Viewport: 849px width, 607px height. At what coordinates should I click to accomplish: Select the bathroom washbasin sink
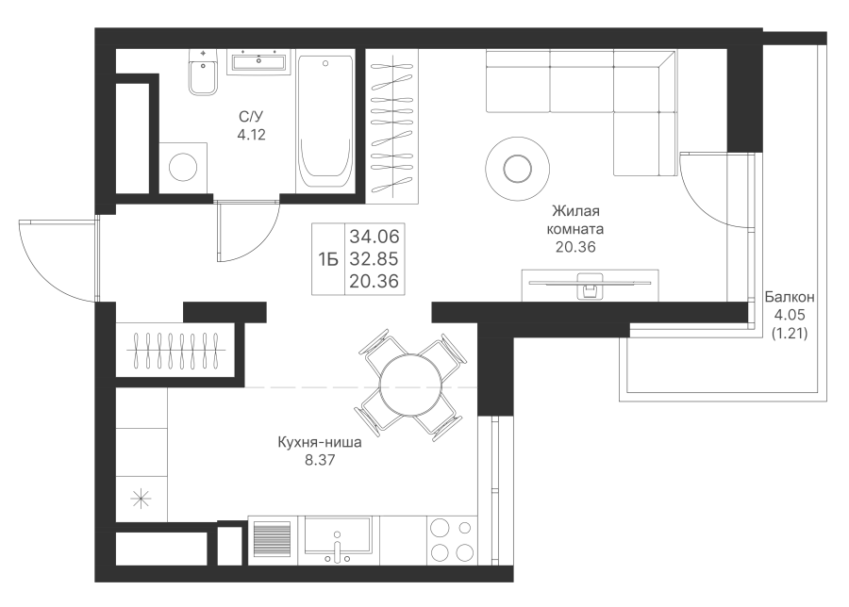[x=258, y=60]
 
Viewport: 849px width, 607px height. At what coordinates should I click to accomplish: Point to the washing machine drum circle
[x=182, y=167]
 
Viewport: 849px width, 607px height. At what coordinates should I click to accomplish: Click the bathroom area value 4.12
[x=251, y=135]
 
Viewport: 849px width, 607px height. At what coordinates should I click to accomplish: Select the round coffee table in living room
[x=518, y=169]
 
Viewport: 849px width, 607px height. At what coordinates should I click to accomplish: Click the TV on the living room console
[x=590, y=284]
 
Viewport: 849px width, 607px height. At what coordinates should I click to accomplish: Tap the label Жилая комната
[x=575, y=220]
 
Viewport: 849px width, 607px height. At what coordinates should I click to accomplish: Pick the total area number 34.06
[x=375, y=237]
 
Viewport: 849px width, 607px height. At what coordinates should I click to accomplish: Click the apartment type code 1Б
[x=328, y=260]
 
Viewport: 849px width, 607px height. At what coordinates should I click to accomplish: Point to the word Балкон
[x=790, y=297]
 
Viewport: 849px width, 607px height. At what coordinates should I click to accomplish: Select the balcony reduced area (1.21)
[x=790, y=334]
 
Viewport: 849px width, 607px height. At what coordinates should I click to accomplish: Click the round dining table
[x=410, y=386]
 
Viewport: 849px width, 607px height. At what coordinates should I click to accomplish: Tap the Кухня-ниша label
[x=320, y=443]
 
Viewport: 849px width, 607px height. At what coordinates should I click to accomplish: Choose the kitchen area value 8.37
[x=320, y=460]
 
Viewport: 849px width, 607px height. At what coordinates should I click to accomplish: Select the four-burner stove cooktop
[x=452, y=540]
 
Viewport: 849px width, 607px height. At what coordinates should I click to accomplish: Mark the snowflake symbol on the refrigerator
[x=141, y=499]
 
